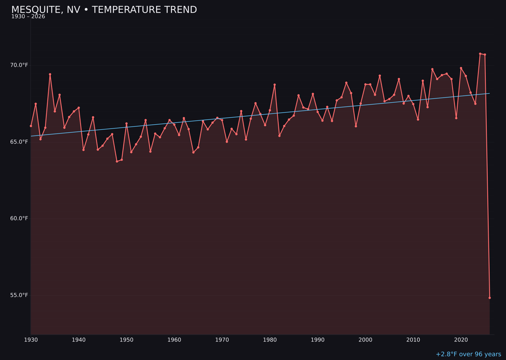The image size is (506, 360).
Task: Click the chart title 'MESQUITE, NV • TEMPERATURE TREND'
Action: pyautogui.click(x=104, y=10)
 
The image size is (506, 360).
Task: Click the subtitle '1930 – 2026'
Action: pyautogui.click(x=28, y=17)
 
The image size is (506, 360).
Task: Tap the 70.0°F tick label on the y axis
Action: pyautogui.click(x=20, y=65)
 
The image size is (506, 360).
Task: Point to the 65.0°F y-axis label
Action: pyautogui.click(x=20, y=142)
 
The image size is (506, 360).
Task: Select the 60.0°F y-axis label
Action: pyautogui.click(x=20, y=218)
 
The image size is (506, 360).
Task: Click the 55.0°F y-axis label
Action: pyautogui.click(x=20, y=295)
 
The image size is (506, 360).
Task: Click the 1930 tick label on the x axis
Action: pyautogui.click(x=31, y=340)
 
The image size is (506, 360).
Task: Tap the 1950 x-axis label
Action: pyautogui.click(x=126, y=340)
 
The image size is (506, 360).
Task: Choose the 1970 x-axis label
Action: pyautogui.click(x=222, y=340)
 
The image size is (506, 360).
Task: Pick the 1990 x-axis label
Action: pyautogui.click(x=318, y=340)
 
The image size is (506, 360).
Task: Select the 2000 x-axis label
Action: pyautogui.click(x=365, y=340)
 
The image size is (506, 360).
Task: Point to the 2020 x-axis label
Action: pyautogui.click(x=461, y=340)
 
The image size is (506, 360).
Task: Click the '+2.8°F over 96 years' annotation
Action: pyautogui.click(x=468, y=354)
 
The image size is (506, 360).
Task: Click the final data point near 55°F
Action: pyautogui.click(x=490, y=298)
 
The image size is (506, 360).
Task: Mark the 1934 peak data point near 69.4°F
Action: pyautogui.click(x=50, y=74)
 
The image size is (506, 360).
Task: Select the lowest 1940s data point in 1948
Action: pyautogui.click(x=117, y=161)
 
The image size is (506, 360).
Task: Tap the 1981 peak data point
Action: pyautogui.click(x=275, y=85)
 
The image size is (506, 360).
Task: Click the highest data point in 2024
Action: pyautogui.click(x=480, y=54)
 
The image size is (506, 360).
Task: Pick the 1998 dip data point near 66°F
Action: pyautogui.click(x=356, y=126)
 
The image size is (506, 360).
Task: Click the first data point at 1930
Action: pyautogui.click(x=31, y=126)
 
